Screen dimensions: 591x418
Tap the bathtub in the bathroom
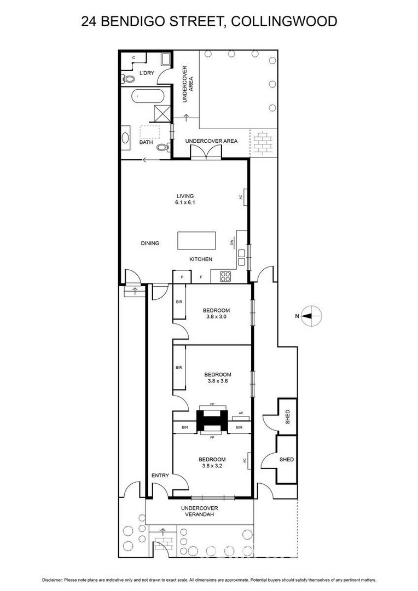click(144, 98)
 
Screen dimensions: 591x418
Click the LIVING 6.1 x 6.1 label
click(185, 199)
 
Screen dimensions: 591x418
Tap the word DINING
click(150, 244)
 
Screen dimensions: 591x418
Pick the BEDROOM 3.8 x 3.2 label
click(212, 463)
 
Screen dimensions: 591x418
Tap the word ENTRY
click(160, 476)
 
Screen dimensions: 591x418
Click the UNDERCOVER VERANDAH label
click(200, 511)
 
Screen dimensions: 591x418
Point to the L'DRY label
click(147, 73)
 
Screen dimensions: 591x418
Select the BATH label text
click(146, 142)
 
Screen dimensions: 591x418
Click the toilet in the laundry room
click(129, 79)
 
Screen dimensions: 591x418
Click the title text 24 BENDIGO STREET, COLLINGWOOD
click(208, 21)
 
